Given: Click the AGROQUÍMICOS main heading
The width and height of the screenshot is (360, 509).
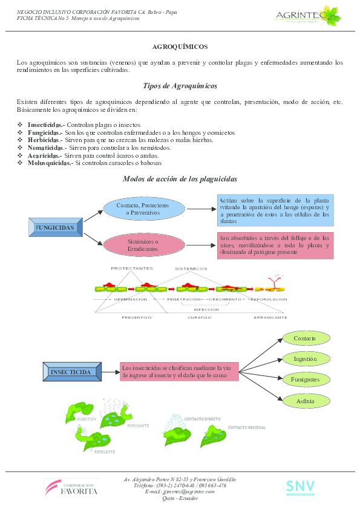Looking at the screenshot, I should click(180, 46).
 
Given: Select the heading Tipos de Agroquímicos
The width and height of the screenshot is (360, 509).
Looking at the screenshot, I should click(180, 86).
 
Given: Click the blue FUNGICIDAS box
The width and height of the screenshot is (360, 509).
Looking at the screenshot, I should click(55, 227).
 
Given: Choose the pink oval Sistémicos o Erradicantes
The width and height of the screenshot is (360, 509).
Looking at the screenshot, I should click(143, 245).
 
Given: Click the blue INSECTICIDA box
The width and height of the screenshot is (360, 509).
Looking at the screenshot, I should click(71, 372).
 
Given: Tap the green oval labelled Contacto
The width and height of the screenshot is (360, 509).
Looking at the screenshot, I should click(304, 338).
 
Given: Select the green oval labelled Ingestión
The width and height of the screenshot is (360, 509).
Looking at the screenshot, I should click(305, 358).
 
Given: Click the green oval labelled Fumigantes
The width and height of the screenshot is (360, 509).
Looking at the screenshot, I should click(305, 380).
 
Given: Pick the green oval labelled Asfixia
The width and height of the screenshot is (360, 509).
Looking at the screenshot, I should click(305, 400).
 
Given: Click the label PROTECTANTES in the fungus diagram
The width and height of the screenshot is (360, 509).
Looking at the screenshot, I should click(131, 268).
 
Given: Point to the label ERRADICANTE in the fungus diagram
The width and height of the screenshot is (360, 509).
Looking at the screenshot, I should click(270, 317).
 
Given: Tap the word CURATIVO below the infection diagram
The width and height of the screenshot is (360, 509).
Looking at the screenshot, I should click(198, 317).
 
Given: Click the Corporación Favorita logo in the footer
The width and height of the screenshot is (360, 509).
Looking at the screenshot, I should click(71, 487).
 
